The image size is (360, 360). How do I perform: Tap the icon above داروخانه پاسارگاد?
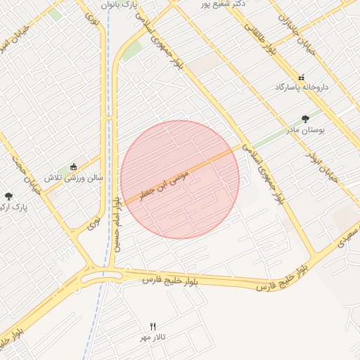[301, 77]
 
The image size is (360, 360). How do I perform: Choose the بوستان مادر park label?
[304, 130]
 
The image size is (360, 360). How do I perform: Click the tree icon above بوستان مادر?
[304, 119]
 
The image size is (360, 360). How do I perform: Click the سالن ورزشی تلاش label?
[74, 178]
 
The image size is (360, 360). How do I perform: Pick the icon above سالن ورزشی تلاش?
[74, 167]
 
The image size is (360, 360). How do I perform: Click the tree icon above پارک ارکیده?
[8, 196]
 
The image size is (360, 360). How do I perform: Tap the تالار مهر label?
[153, 337]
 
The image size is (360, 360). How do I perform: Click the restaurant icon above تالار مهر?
[153, 326]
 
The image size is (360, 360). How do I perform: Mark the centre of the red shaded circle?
[180, 179]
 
